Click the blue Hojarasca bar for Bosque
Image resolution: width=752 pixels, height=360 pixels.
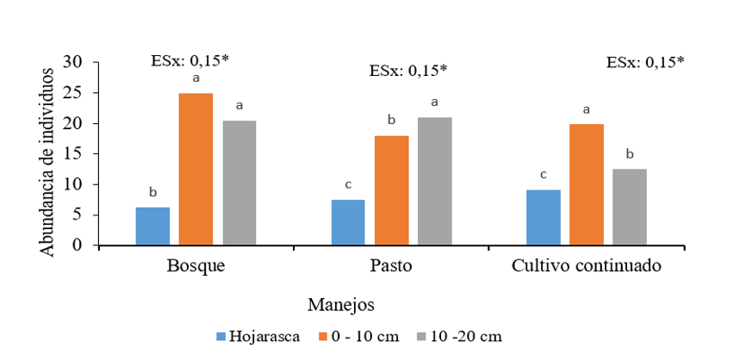click(x=152, y=227)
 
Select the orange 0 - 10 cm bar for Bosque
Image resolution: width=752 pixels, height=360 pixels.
click(x=196, y=170)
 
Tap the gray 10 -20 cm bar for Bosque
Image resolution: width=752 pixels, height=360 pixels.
click(x=239, y=183)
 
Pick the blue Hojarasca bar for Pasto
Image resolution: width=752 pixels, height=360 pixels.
click(x=348, y=222)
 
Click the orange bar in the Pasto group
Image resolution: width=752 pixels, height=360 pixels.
click(x=392, y=190)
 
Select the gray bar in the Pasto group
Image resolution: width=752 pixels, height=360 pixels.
click(x=435, y=182)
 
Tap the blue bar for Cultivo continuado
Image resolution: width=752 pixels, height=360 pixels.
click(x=544, y=217)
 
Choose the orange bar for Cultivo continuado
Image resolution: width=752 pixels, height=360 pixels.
click(x=587, y=184)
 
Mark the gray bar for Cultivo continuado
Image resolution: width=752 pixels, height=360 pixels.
click(x=630, y=207)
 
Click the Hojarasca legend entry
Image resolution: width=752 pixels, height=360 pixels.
click(x=258, y=337)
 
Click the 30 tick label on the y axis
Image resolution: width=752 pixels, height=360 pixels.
click(x=81, y=62)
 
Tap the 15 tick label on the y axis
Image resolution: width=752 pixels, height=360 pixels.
click(x=81, y=154)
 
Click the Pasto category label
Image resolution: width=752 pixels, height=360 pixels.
click(x=392, y=266)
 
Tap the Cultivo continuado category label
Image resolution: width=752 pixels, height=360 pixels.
click(x=587, y=266)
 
